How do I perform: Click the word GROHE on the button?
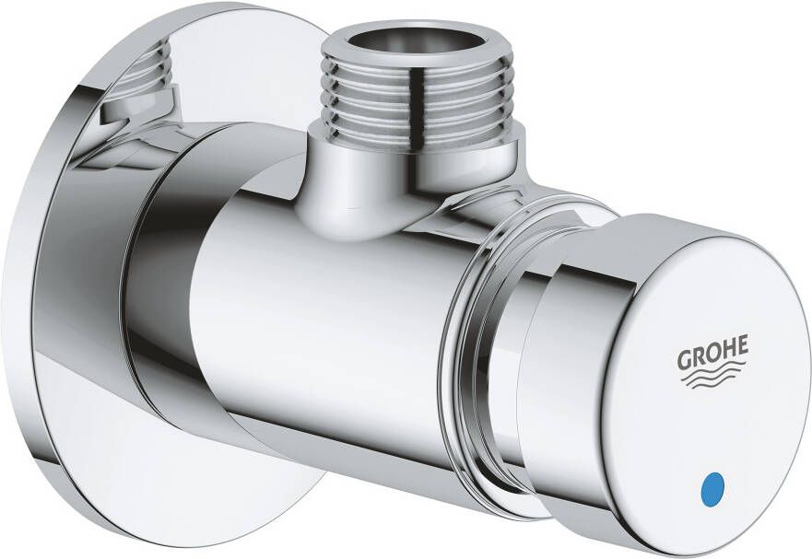click(713, 354)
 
